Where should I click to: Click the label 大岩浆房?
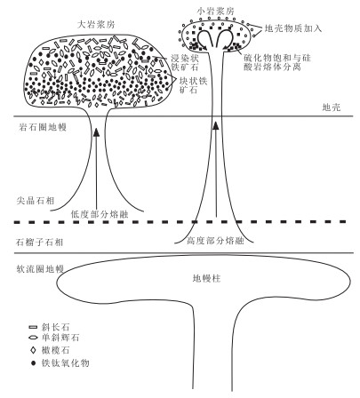click(x=96, y=25)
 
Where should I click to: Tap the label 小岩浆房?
click(x=216, y=12)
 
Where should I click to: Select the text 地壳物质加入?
click(x=292, y=28)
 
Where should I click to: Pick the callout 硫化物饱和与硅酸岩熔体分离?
click(x=277, y=62)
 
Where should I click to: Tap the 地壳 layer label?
click(x=332, y=107)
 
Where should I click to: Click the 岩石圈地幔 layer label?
click(x=43, y=127)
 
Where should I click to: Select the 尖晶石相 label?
click(x=36, y=201)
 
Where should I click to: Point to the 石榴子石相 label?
click(x=39, y=243)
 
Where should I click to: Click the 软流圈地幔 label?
click(x=40, y=269)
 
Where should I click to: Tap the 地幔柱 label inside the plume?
click(x=206, y=279)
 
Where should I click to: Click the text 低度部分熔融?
click(x=100, y=214)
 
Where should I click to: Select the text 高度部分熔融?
click(x=215, y=241)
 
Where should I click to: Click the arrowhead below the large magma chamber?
click(x=96, y=132)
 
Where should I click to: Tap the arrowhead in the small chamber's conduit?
click(x=216, y=125)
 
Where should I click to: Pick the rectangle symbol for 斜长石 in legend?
click(x=33, y=327)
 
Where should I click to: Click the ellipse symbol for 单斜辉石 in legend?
click(x=33, y=338)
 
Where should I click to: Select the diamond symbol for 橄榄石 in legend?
click(x=33, y=350)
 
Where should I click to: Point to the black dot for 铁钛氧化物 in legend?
click(x=33, y=362)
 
